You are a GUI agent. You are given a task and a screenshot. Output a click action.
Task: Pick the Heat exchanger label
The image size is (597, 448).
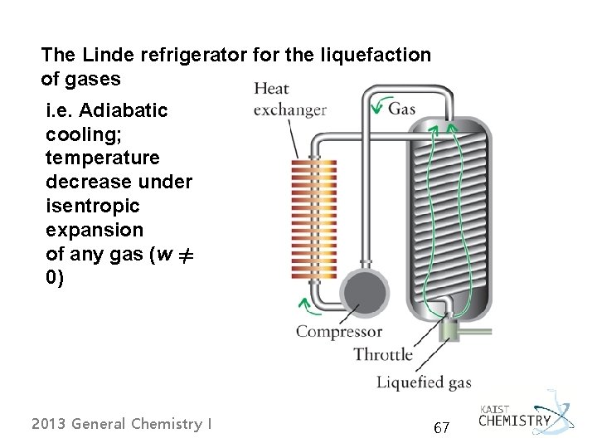[x=289, y=99]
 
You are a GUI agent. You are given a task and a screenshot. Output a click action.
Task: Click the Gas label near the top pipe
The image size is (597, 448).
[x=402, y=109]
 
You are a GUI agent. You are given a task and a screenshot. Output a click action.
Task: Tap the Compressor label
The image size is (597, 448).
[x=339, y=332]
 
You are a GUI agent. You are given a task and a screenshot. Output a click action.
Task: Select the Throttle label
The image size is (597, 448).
[x=382, y=355]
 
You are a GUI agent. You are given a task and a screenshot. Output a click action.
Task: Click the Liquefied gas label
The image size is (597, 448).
[x=424, y=382]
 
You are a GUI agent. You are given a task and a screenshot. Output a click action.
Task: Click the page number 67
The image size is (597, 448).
[x=441, y=428]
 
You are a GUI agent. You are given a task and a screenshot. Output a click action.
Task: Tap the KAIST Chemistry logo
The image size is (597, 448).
[x=527, y=415]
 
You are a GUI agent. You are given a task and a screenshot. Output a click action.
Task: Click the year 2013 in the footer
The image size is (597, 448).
[x=49, y=424]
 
